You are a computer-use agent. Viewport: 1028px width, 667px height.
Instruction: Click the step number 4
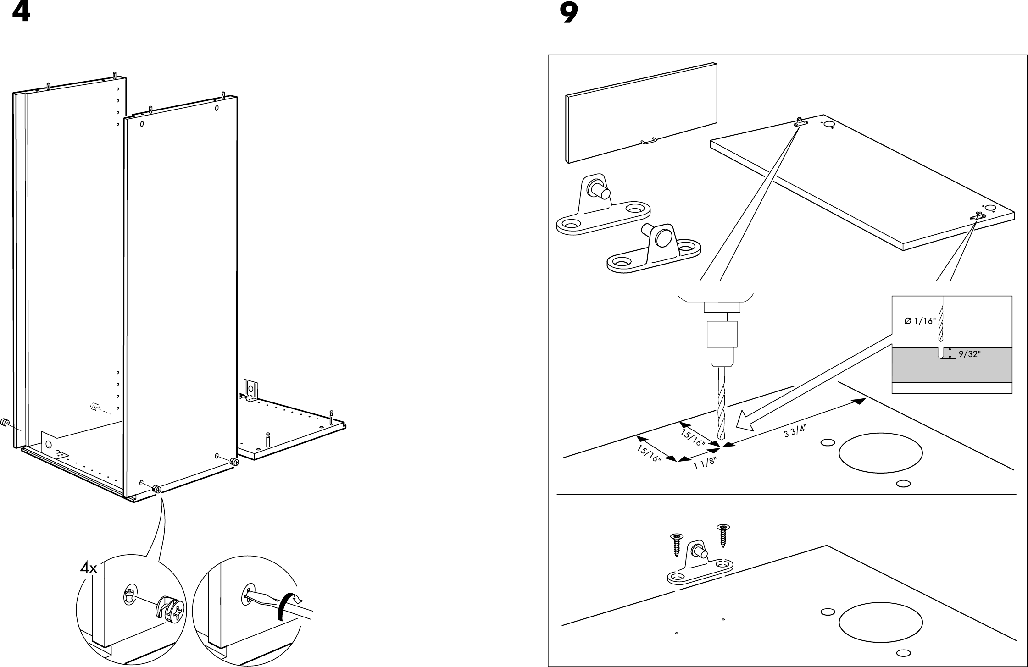(21, 12)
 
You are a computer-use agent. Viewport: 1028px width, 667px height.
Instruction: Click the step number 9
(569, 14)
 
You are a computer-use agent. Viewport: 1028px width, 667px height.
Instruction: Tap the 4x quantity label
(89, 568)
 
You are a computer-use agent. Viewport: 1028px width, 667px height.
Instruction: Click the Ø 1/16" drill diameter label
(920, 321)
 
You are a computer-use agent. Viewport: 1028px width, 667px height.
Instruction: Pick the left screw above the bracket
(676, 545)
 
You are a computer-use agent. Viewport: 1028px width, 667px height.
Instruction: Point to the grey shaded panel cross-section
(952, 365)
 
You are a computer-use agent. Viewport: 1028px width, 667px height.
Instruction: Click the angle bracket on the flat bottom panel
(250, 392)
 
